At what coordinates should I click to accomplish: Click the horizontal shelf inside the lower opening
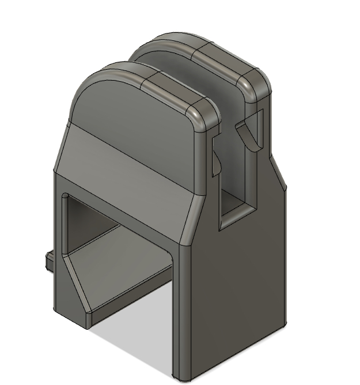coord(121,277)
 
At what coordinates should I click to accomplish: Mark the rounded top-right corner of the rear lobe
coord(259,84)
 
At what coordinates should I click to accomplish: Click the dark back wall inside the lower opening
coord(86,225)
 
